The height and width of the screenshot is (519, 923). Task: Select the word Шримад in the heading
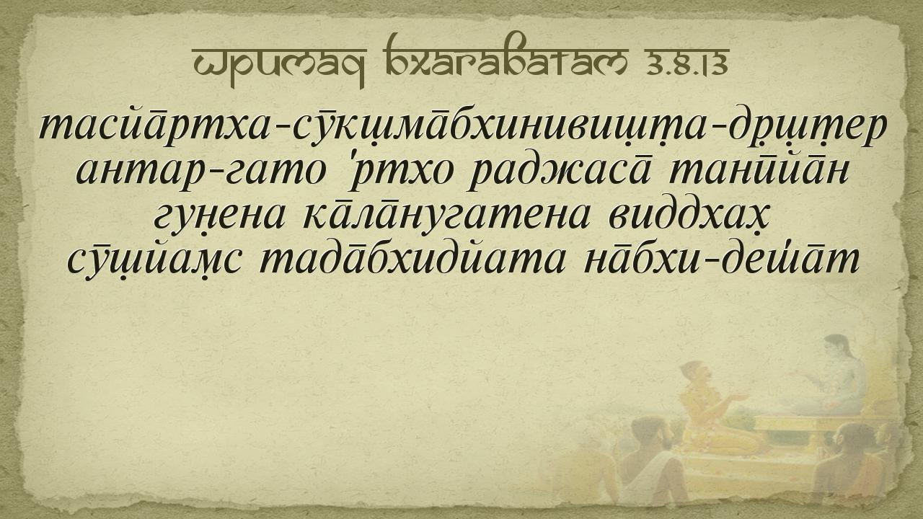(279, 66)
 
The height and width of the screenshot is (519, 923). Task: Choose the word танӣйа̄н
(759, 169)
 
